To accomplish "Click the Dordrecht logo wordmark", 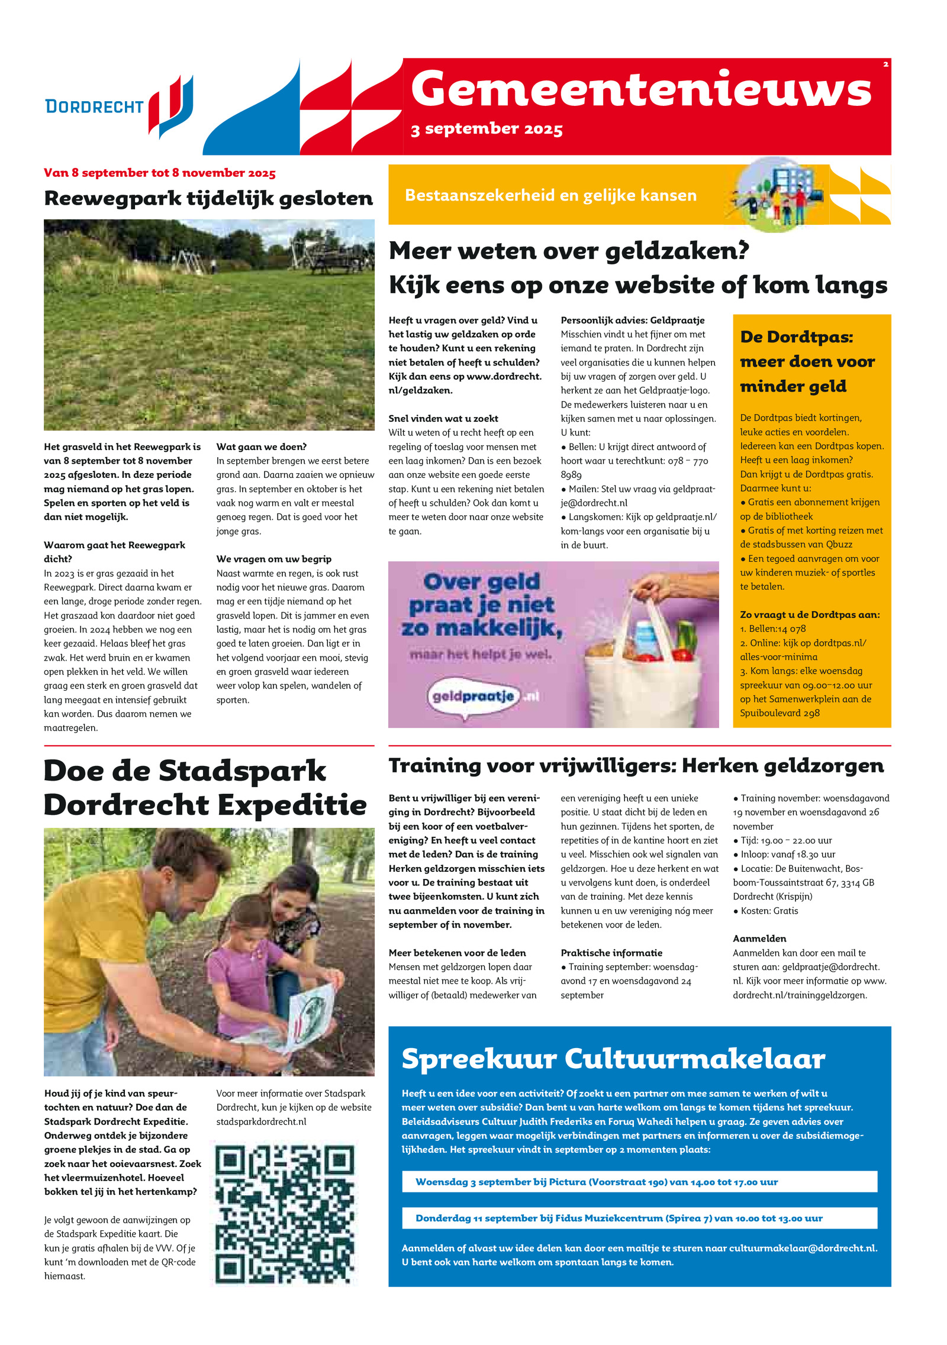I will tap(95, 106).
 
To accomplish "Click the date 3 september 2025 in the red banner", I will tap(487, 129).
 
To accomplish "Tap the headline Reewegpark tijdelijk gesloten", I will tap(208, 198).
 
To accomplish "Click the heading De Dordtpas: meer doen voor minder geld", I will tap(807, 361).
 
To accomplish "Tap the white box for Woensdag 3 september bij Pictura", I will tap(639, 1182).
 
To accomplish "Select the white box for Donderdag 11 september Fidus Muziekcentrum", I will tap(639, 1218).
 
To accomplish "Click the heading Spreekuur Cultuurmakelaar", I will tap(613, 1058).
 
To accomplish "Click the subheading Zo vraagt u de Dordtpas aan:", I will tap(810, 615).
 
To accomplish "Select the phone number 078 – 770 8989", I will tap(633, 467).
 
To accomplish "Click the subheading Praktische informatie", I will tap(611, 953).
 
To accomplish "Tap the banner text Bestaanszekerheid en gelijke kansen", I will tap(550, 195).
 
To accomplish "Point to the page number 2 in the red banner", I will tap(885, 64).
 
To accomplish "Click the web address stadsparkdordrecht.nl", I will tap(261, 1121).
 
